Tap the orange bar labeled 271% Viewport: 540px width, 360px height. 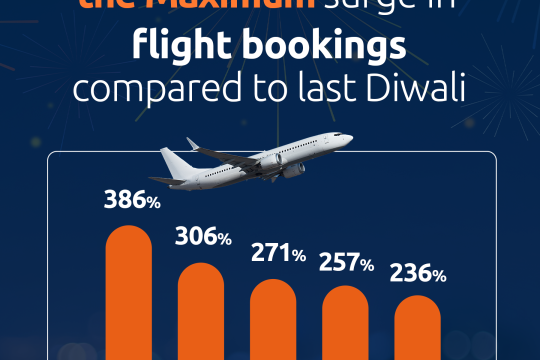point(274,320)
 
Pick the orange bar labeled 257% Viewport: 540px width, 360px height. point(345,323)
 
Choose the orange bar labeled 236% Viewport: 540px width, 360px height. point(417,327)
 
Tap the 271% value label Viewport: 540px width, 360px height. point(278,254)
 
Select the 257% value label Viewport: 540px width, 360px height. point(346,263)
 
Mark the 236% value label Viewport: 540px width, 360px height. point(418,272)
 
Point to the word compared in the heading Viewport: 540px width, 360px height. point(150,90)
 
